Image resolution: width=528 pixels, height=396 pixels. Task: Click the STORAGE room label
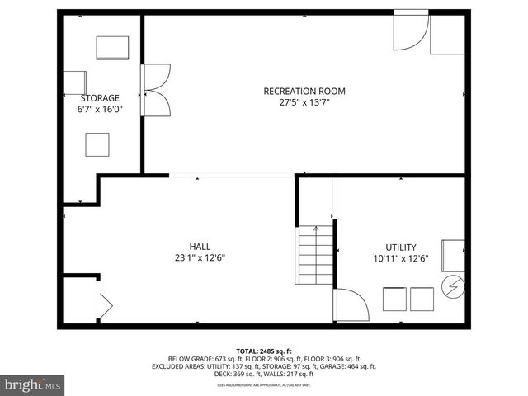[99, 97]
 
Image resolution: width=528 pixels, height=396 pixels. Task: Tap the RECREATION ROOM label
[304, 91]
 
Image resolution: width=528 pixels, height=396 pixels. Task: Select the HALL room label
[200, 246]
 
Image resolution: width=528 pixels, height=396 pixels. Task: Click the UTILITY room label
[400, 247]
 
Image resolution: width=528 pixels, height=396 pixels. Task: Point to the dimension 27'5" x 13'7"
[304, 103]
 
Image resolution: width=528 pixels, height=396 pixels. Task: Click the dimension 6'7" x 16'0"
[99, 109]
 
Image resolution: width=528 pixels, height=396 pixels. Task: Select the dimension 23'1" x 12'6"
[200, 257]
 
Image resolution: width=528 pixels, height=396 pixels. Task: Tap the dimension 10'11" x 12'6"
[400, 258]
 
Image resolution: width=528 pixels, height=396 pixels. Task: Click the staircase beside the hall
[315, 256]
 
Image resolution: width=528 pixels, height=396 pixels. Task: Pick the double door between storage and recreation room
[154, 90]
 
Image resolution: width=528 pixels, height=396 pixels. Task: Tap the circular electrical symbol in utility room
[453, 287]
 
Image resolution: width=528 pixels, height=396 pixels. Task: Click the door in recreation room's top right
[409, 33]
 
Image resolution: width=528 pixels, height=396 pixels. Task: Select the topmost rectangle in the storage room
[112, 48]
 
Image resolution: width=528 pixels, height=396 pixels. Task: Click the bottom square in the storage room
[97, 144]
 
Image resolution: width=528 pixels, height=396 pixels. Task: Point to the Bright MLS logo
[33, 384]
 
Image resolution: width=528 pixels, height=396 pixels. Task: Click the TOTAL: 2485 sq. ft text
[264, 351]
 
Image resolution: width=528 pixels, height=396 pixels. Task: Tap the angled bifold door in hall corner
[106, 305]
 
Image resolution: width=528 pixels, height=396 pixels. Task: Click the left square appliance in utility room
[394, 298]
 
